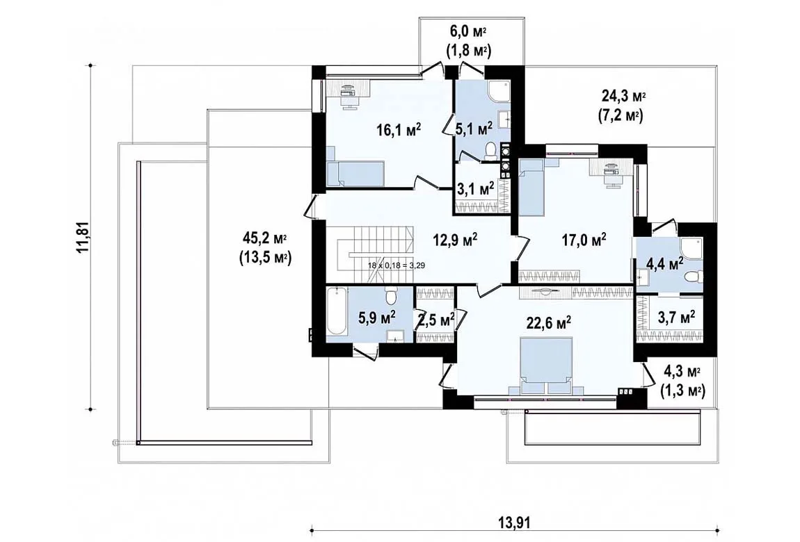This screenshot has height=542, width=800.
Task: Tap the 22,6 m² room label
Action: coord(548,322)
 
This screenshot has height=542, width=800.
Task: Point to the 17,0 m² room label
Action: coord(584,239)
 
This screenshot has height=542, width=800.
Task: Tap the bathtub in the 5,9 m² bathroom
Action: coord(337,311)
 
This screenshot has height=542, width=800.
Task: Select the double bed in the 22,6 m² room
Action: coord(545,366)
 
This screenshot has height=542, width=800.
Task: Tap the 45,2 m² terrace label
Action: coord(264,248)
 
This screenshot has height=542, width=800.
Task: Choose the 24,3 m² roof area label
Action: coord(620,106)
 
